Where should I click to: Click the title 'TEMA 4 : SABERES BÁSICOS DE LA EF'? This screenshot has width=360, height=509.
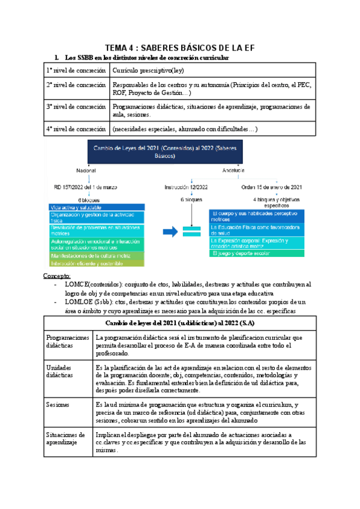pos(180,48)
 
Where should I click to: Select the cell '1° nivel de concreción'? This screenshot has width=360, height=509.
pos(77,71)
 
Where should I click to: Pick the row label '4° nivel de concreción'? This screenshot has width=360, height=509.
pos(77,128)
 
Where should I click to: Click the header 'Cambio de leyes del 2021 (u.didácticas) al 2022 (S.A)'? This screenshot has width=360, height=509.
pos(179,324)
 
